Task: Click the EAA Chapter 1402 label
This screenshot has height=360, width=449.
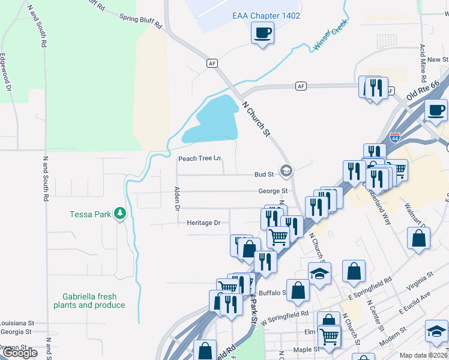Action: coord(266,16)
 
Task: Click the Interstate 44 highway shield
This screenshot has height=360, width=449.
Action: coord(394,137)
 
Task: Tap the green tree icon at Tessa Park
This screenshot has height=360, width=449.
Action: coord(120,214)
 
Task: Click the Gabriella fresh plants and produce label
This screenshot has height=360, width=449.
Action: coord(94,301)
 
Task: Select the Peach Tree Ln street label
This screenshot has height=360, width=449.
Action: coord(199,159)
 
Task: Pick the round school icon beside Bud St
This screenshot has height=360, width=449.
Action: coord(286,172)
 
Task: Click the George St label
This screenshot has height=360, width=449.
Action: coord(273,191)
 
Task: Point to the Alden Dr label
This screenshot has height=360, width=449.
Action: coord(177,199)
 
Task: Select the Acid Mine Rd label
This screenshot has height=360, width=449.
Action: coord(423,63)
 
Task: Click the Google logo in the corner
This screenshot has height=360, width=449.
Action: coord(20,353)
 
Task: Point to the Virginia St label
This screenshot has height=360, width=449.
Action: coord(421,279)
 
